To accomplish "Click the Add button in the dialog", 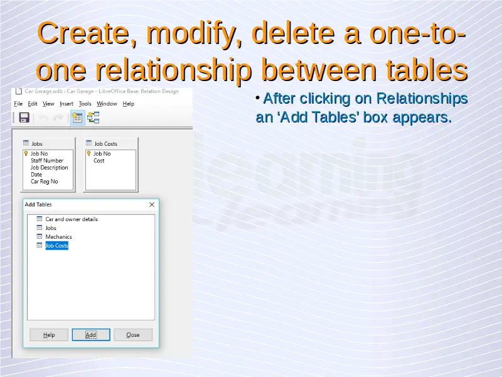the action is click(91, 335).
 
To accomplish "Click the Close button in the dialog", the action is click(133, 335).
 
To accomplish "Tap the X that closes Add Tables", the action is click(152, 205).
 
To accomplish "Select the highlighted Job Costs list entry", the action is click(56, 246).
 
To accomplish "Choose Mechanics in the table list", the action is click(58, 237).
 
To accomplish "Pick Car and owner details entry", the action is click(72, 219).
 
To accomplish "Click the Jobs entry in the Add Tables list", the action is click(51, 228).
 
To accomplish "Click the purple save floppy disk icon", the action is click(24, 117).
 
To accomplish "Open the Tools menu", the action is click(85, 104).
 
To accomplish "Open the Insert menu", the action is click(67, 104).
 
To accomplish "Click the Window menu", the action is click(107, 104).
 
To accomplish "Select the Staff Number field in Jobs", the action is click(47, 161).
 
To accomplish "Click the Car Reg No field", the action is click(44, 182).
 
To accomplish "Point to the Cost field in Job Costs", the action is click(99, 161).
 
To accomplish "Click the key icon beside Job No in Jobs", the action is click(26, 153).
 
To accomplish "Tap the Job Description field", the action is click(50, 168).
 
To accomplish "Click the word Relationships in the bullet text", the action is click(422, 99).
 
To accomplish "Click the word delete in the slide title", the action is click(293, 33).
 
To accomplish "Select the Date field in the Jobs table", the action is click(36, 175).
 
